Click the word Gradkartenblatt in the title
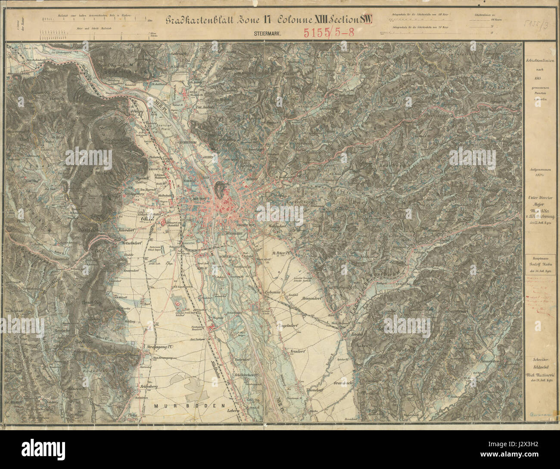tap(201, 20)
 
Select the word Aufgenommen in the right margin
tap(541, 171)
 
